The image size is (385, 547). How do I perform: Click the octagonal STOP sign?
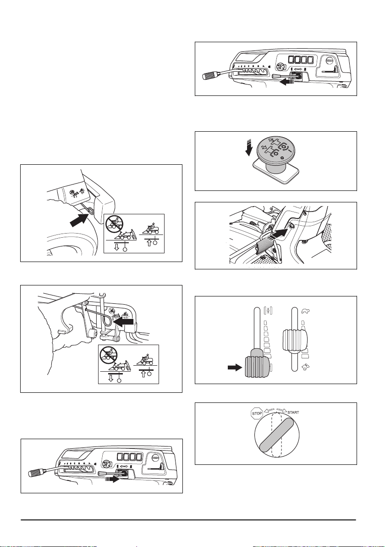pyautogui.click(x=257, y=413)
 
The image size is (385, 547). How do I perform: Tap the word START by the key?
pyautogui.click(x=293, y=413)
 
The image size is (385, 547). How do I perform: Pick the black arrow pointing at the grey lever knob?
pyautogui.click(x=235, y=367)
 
